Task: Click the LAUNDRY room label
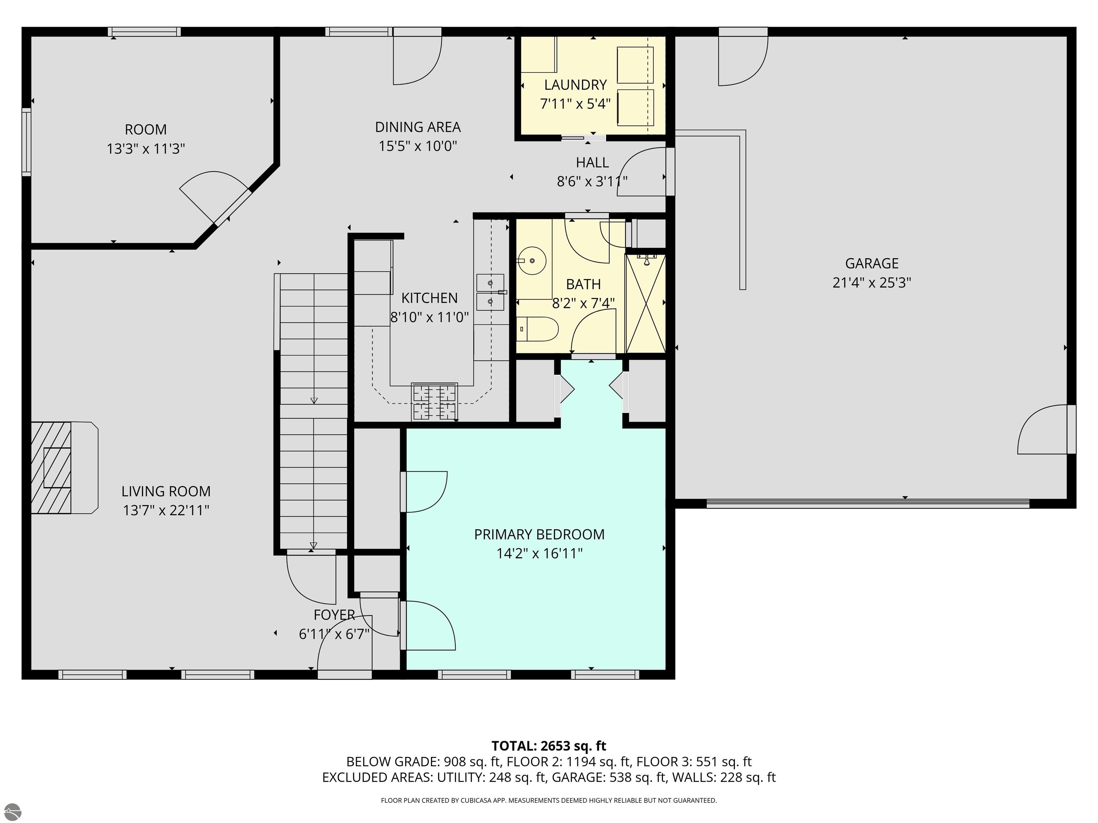point(575,85)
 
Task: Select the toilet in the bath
point(537,329)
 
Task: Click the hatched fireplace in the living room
point(51,468)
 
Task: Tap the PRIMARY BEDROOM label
point(540,534)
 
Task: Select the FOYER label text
point(334,615)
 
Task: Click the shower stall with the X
point(645,303)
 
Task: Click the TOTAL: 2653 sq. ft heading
point(549,746)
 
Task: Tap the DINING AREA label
point(418,128)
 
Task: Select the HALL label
point(592,163)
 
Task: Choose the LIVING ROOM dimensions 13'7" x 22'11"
point(166,510)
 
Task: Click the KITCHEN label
point(429,298)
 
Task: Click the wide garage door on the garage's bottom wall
point(868,504)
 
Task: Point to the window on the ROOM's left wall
point(26,141)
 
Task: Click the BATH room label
point(583,284)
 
